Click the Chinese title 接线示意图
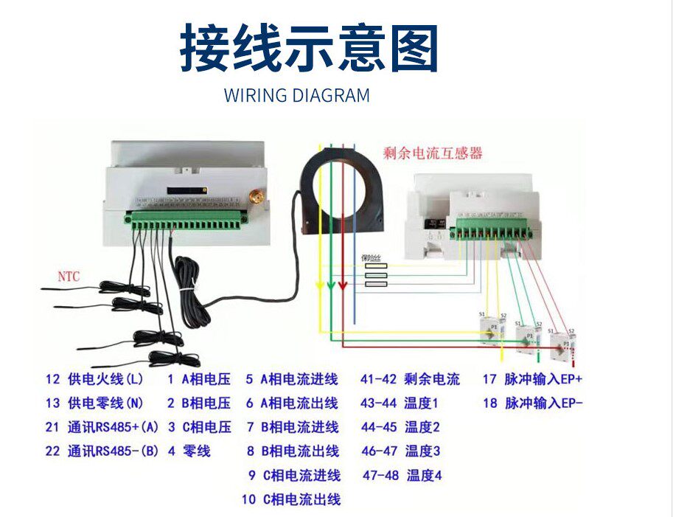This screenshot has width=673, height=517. click(310, 49)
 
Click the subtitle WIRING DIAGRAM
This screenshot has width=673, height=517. click(296, 96)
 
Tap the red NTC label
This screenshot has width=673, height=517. click(69, 277)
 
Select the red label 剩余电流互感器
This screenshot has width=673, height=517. click(433, 153)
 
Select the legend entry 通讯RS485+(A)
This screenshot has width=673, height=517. click(113, 427)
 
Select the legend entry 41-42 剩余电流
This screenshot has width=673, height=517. click(410, 379)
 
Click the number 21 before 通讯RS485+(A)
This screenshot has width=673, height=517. click(52, 427)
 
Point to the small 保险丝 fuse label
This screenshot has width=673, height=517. click(371, 257)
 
